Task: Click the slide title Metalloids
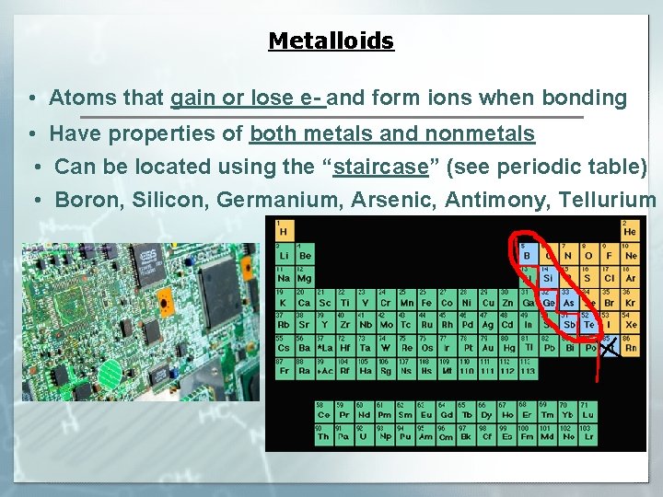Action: click(x=331, y=41)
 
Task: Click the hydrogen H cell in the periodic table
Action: click(x=283, y=230)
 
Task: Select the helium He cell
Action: click(x=630, y=230)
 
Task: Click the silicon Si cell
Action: click(x=549, y=276)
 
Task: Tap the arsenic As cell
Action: click(x=569, y=300)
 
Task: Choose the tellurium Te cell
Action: click(x=589, y=323)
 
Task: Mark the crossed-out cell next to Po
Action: click(x=609, y=347)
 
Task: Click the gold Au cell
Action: click(x=486, y=347)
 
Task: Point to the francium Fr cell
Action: click(x=283, y=370)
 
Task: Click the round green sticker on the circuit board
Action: click(x=110, y=372)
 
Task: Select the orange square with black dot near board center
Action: click(x=166, y=299)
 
